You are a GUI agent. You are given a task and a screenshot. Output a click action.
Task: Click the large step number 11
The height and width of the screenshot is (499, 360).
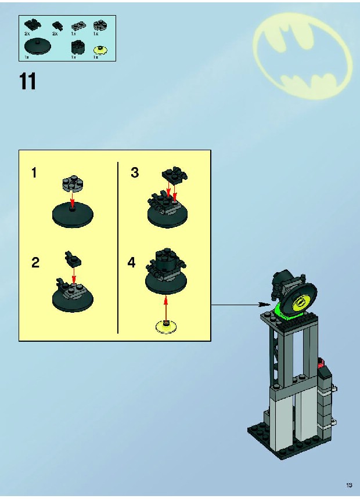tap(28, 81)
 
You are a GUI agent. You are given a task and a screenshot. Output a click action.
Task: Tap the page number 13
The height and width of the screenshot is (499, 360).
tap(349, 485)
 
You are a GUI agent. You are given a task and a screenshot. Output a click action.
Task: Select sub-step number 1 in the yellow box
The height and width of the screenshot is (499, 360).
tap(34, 173)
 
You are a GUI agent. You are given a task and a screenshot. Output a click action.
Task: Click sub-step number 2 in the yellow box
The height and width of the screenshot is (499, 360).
tap(35, 262)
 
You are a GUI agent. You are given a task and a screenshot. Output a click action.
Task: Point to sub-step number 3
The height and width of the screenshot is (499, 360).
tap(135, 172)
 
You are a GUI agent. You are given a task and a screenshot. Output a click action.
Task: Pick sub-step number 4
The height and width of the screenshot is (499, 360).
tap(131, 262)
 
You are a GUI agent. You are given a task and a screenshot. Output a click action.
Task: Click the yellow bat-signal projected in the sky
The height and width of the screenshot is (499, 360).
tap(303, 55)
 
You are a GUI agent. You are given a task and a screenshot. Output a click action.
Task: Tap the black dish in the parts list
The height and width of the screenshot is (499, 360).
tap(37, 47)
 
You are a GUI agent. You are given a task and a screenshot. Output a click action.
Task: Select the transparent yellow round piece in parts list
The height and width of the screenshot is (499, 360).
tap(100, 50)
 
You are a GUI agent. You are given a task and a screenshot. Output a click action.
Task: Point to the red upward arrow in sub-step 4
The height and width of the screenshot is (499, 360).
tap(165, 309)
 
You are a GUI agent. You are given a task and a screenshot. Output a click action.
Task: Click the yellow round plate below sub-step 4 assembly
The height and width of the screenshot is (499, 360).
tap(166, 327)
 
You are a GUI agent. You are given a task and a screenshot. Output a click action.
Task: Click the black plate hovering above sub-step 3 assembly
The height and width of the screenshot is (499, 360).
tap(175, 175)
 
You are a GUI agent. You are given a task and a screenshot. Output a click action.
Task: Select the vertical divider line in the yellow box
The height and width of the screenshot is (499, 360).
tap(118, 248)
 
